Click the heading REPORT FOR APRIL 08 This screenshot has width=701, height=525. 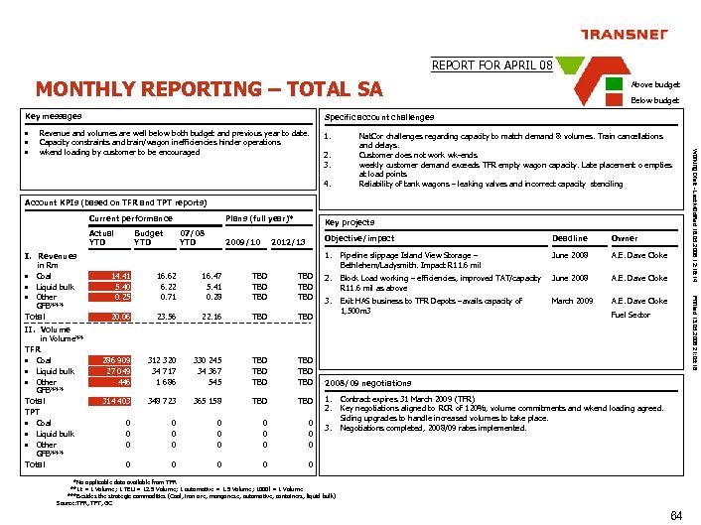(491, 66)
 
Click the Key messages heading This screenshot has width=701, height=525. (54, 116)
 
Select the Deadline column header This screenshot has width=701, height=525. (569, 238)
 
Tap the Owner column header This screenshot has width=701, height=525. (625, 238)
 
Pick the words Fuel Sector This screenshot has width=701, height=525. (631, 316)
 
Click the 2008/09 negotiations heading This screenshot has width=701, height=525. (367, 383)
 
